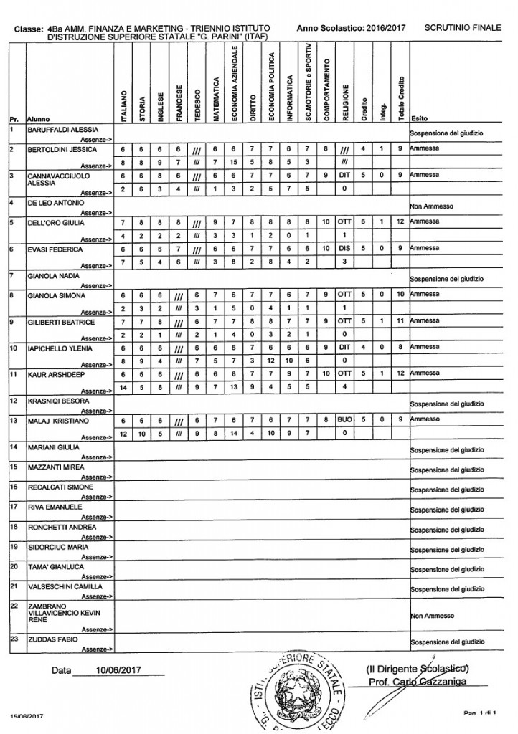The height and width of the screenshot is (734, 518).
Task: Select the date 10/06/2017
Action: [x=117, y=671]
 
